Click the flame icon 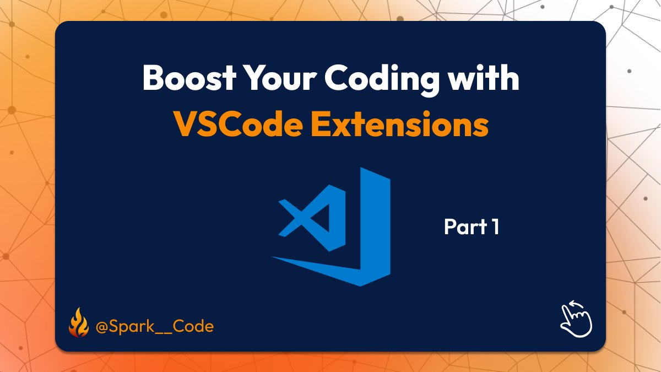tap(78, 325)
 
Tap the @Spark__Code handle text tap(155, 326)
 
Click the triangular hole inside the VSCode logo tap(323, 218)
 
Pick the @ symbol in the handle tap(102, 326)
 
